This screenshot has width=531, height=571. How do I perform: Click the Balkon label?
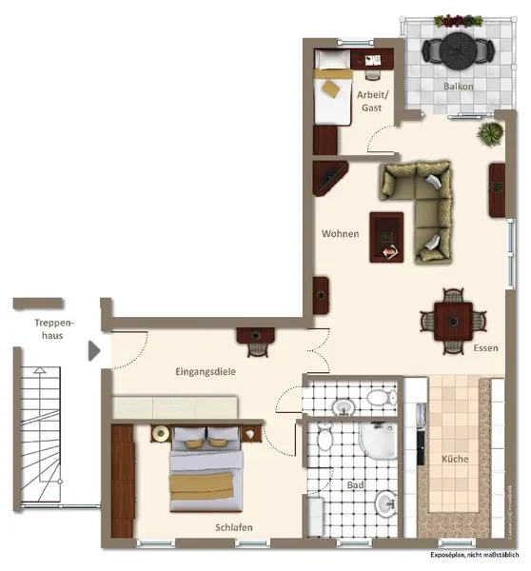[x=458, y=87]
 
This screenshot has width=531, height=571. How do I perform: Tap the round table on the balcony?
[x=458, y=50]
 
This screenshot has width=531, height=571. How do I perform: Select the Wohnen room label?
[x=340, y=234]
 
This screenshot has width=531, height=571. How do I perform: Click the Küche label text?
[x=455, y=459]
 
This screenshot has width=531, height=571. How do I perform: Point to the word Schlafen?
[x=234, y=527]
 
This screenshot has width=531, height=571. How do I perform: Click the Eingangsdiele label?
[x=206, y=372]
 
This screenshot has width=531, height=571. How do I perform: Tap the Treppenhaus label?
[x=53, y=329]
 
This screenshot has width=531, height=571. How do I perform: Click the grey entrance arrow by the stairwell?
[x=94, y=350]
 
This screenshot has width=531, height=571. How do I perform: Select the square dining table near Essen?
[x=453, y=322]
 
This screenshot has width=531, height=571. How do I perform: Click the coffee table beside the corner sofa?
[x=386, y=237]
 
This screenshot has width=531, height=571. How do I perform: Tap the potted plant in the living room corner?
[x=490, y=134]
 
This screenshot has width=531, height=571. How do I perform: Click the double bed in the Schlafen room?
[x=206, y=469]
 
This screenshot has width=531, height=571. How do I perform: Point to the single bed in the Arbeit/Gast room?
[x=333, y=88]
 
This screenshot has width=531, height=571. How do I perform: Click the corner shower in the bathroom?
[x=378, y=440]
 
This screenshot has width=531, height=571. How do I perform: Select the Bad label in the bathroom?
[x=355, y=485]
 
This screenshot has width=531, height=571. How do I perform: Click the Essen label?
[x=485, y=348]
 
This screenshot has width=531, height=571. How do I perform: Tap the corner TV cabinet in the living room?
[x=329, y=178]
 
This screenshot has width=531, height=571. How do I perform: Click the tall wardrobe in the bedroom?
[x=123, y=481]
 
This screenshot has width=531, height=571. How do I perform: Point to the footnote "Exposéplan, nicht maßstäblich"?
[x=475, y=555]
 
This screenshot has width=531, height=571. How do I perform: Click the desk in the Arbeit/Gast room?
[x=372, y=59]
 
